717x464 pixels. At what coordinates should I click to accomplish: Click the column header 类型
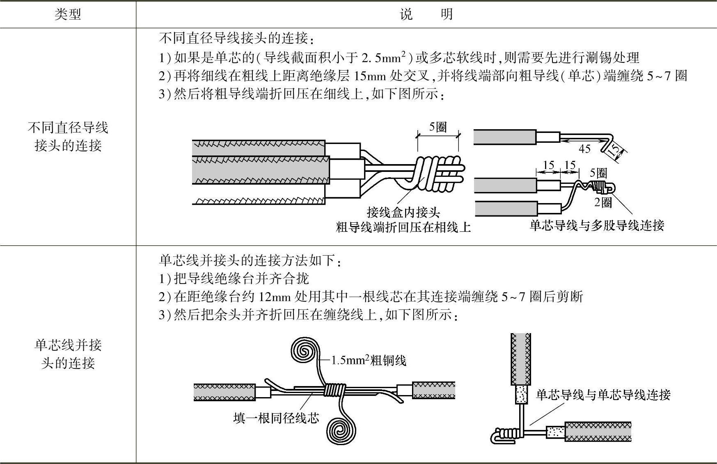[68, 14]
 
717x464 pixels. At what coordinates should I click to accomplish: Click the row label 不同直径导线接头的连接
[68, 137]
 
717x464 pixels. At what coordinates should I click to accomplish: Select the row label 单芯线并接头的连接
[68, 354]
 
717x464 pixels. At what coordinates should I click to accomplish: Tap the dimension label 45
[584, 149]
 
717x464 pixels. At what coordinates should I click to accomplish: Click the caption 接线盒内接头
[403, 212]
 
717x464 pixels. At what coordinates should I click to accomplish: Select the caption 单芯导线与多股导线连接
[597, 225]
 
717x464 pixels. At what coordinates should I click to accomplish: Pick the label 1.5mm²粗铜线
[369, 361]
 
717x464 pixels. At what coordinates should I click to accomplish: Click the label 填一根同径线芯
[276, 418]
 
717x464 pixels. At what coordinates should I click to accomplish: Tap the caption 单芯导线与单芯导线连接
[603, 395]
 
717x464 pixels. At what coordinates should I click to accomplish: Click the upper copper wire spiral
[304, 350]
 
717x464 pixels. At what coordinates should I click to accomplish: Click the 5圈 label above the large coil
[438, 127]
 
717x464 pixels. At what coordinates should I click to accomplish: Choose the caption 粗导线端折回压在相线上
[403, 227]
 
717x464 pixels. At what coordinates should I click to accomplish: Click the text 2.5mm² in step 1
[383, 57]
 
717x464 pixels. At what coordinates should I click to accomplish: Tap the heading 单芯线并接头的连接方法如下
[250, 260]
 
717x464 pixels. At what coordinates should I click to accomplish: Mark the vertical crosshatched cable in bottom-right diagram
[521, 359]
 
